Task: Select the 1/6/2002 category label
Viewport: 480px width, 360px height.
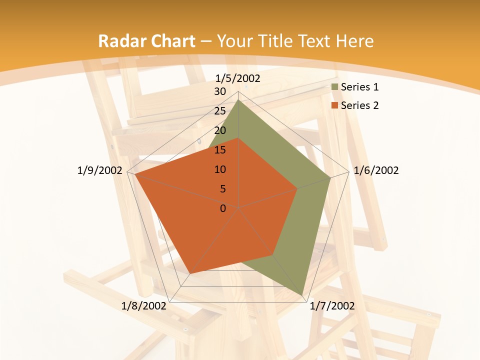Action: click(x=376, y=170)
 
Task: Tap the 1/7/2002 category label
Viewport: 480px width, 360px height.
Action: click(x=332, y=306)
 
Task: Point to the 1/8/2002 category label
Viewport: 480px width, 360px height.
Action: click(x=144, y=306)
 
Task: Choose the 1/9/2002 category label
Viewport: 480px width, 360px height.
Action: click(x=100, y=170)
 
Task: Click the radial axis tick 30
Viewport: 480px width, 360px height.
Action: click(x=220, y=91)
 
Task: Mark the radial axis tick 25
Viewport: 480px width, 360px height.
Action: click(x=220, y=111)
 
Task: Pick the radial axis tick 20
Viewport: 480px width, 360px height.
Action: click(x=220, y=130)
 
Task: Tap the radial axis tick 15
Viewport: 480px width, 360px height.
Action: click(x=220, y=150)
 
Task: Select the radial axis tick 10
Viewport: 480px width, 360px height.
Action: click(x=220, y=169)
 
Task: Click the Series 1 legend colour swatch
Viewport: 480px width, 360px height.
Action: click(x=335, y=87)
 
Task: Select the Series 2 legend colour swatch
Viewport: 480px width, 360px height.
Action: click(x=335, y=105)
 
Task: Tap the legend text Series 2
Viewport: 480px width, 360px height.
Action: click(x=359, y=105)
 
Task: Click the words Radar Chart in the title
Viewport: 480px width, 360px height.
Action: click(x=146, y=41)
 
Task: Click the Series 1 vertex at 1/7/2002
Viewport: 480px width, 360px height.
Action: click(x=302, y=295)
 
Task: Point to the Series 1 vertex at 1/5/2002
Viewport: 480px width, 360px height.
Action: click(x=238, y=100)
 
